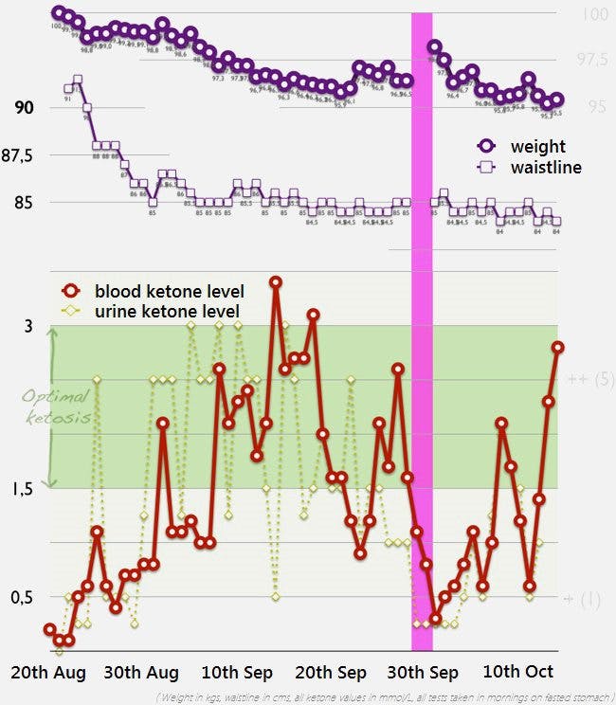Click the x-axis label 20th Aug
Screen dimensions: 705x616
(48, 673)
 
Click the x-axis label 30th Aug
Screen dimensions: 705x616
(142, 673)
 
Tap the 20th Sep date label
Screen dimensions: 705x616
(331, 673)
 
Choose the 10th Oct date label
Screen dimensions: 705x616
(518, 673)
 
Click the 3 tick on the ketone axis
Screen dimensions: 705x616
(28, 326)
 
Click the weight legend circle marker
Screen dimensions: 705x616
(487, 147)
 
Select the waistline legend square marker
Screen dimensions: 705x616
(487, 167)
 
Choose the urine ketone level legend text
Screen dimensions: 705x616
(167, 311)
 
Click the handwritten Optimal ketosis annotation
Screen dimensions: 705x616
(57, 407)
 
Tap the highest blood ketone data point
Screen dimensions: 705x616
(276, 282)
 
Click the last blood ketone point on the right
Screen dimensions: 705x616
(558, 348)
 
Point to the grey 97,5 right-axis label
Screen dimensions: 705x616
(592, 60)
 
